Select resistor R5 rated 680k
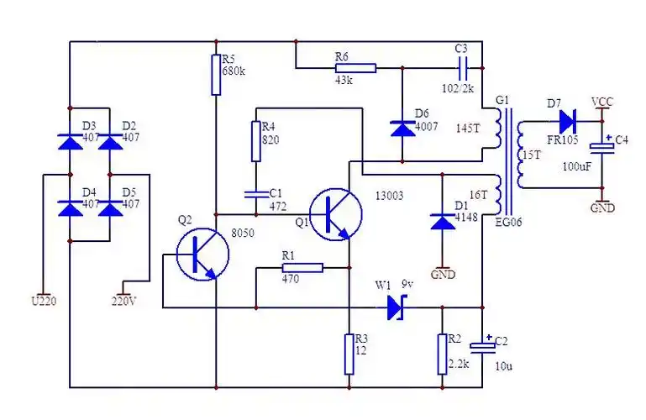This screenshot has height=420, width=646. pyautogui.click(x=216, y=75)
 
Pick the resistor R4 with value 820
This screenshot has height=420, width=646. pyautogui.click(x=257, y=142)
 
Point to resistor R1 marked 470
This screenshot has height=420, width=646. pyautogui.click(x=301, y=268)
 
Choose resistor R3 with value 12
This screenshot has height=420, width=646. pyautogui.click(x=349, y=354)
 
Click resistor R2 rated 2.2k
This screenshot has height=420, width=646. pyautogui.click(x=443, y=354)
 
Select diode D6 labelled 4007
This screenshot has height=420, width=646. pyautogui.click(x=402, y=128)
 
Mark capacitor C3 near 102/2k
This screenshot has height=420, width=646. pyautogui.click(x=461, y=67)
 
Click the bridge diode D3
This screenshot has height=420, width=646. pyautogui.click(x=70, y=140)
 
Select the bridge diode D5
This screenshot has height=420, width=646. pyautogui.click(x=109, y=207)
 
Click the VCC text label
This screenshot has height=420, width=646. pyautogui.click(x=602, y=102)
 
